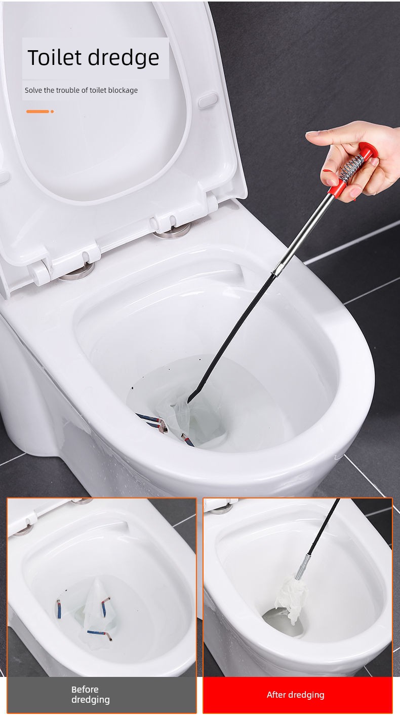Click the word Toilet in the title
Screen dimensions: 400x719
pos(55,57)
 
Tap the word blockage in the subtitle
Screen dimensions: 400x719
pos(123,91)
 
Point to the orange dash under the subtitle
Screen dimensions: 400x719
pos(38,112)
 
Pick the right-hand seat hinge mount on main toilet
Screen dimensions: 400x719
pos(172,231)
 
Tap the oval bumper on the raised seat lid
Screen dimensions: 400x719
pos(208,100)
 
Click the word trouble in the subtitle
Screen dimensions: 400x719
pos(65,90)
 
